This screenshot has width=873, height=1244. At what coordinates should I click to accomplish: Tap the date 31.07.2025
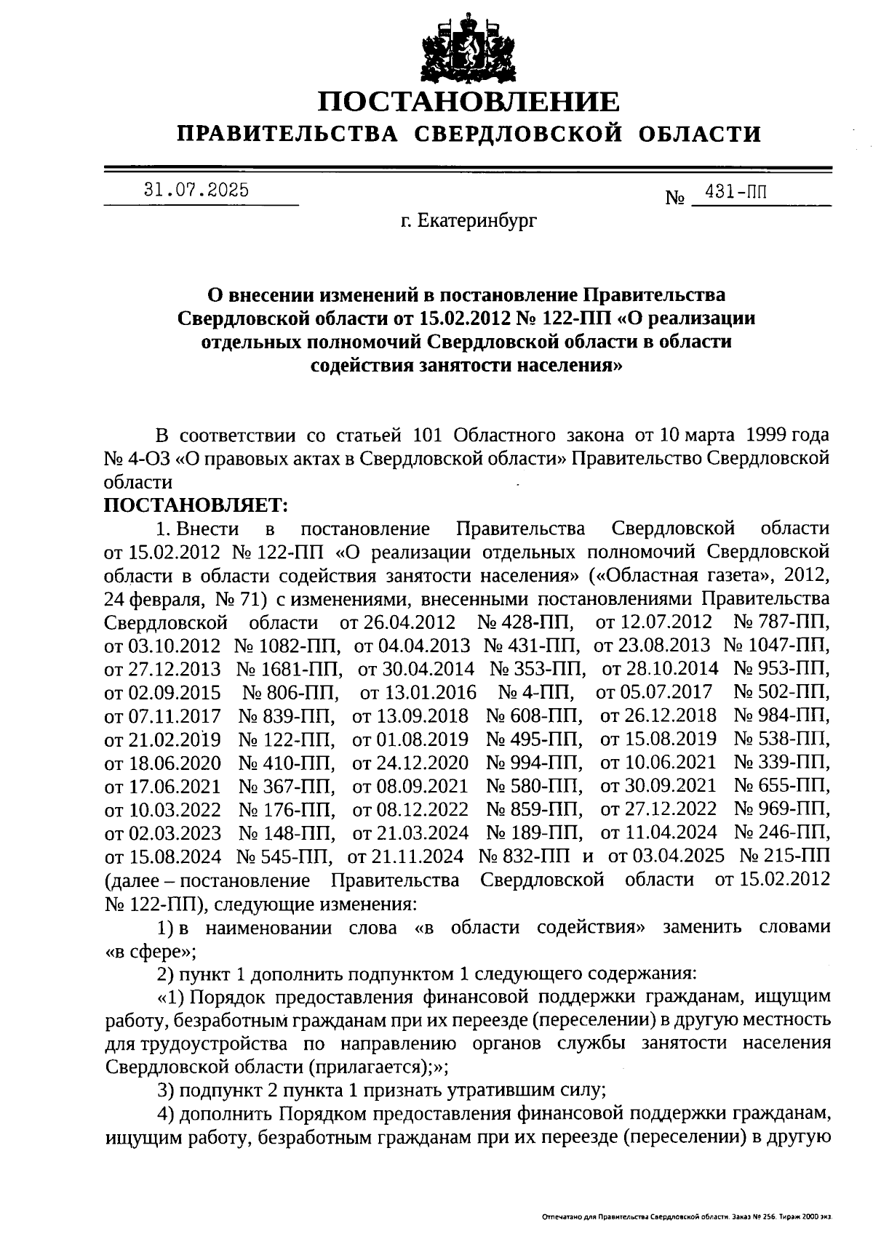196,190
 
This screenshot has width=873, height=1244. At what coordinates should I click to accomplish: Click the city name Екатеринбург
478,220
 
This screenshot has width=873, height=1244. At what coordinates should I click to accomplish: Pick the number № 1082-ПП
287,646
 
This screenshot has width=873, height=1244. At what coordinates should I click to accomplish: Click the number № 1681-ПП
290,669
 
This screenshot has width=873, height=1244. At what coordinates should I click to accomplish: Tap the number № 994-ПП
533,763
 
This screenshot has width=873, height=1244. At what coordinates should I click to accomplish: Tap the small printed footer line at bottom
687,1216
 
